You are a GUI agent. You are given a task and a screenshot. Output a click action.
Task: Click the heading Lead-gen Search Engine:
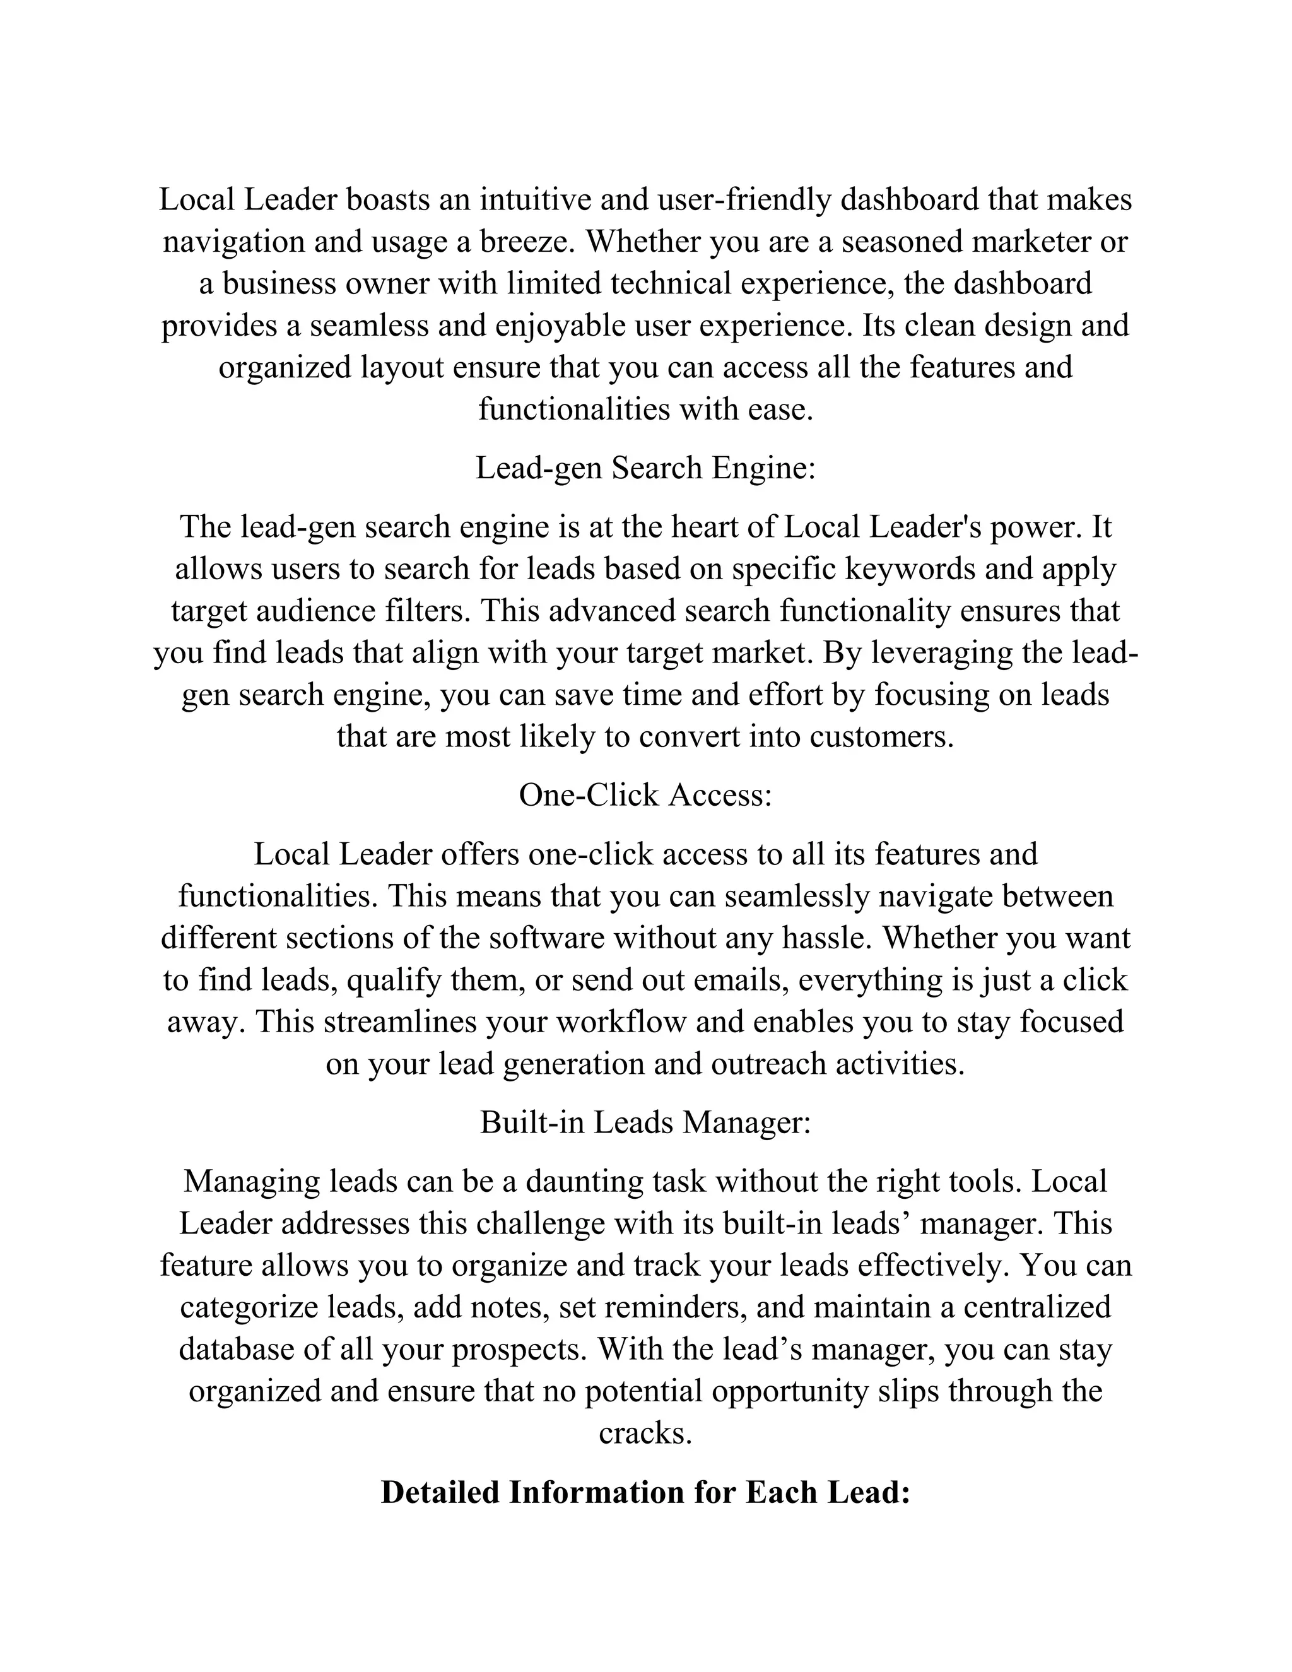645,468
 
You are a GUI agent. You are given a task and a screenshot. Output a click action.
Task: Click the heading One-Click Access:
645,796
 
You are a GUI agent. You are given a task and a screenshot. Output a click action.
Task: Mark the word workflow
621,1022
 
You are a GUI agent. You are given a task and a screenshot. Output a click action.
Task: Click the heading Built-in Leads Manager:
645,1122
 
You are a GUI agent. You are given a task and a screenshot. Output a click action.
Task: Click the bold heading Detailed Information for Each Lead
645,1493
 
